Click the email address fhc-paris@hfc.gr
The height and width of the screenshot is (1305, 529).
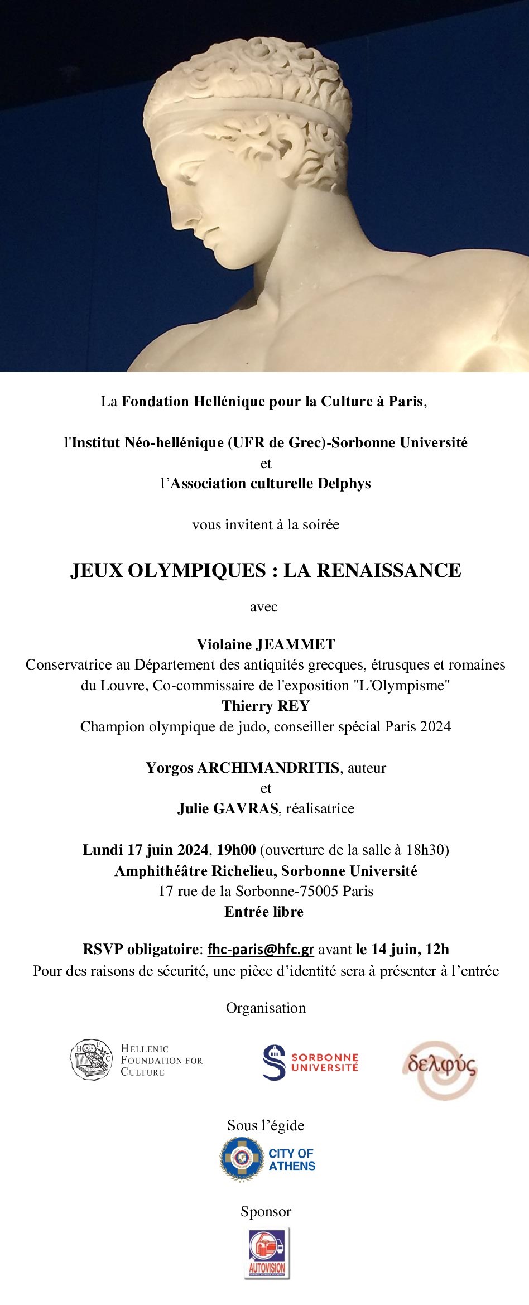coord(261,949)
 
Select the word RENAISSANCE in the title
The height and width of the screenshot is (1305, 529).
coord(372,570)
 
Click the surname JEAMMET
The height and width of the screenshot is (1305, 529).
coord(295,644)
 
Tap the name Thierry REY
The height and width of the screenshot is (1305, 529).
coord(266,706)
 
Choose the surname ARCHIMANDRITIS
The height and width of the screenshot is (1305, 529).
coord(268,768)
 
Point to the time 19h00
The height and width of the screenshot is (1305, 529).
coord(237,850)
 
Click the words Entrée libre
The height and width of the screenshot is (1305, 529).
coord(264,912)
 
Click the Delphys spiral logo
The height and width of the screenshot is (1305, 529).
coord(440,1068)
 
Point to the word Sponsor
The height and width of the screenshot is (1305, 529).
coord(266,1211)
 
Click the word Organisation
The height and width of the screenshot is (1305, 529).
coord(266,1008)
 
